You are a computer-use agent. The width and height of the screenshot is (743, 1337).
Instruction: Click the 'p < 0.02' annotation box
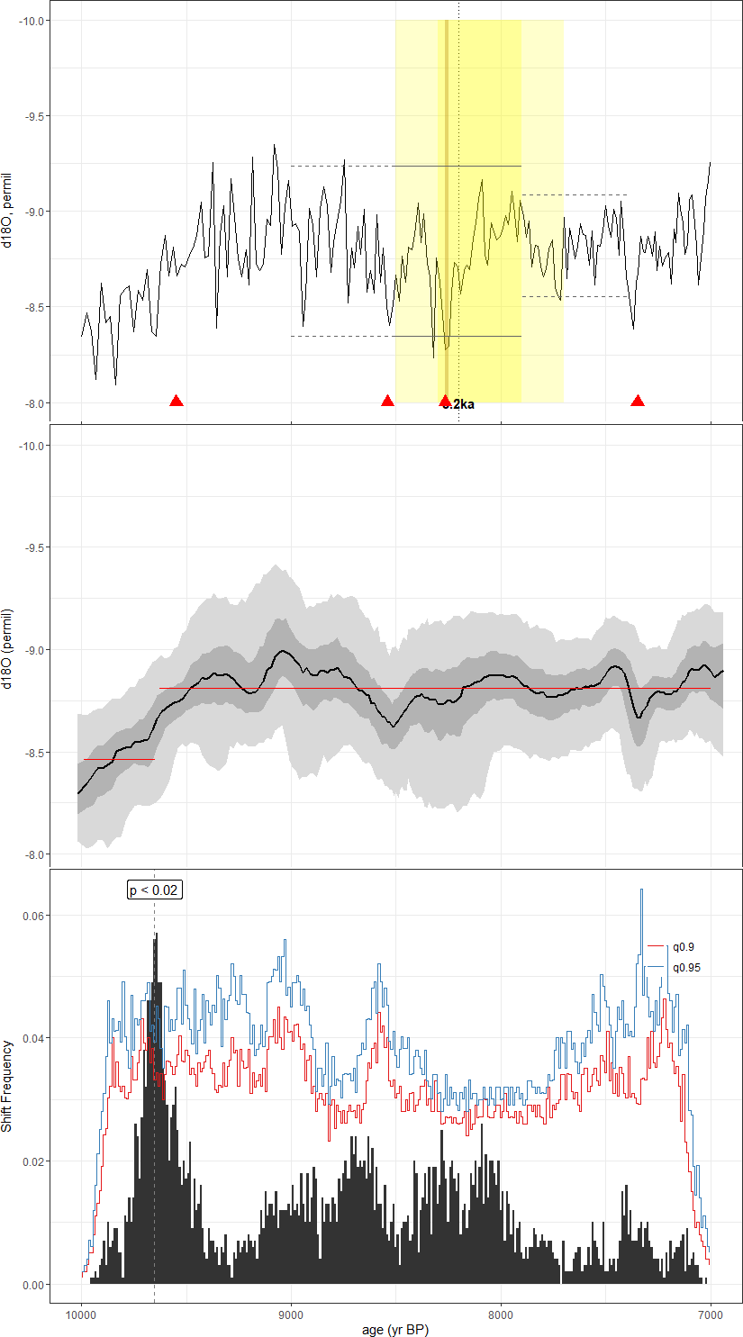click(154, 890)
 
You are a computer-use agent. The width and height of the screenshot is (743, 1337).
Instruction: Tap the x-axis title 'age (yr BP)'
click(395, 1329)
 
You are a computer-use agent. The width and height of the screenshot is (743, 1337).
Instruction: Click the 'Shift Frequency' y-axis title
click(7, 1086)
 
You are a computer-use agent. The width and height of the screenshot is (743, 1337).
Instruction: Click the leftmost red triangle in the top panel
click(177, 401)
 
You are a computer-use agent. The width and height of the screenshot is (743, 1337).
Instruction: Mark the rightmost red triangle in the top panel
click(638, 401)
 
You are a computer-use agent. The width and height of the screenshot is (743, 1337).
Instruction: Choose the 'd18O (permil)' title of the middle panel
click(7, 649)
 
